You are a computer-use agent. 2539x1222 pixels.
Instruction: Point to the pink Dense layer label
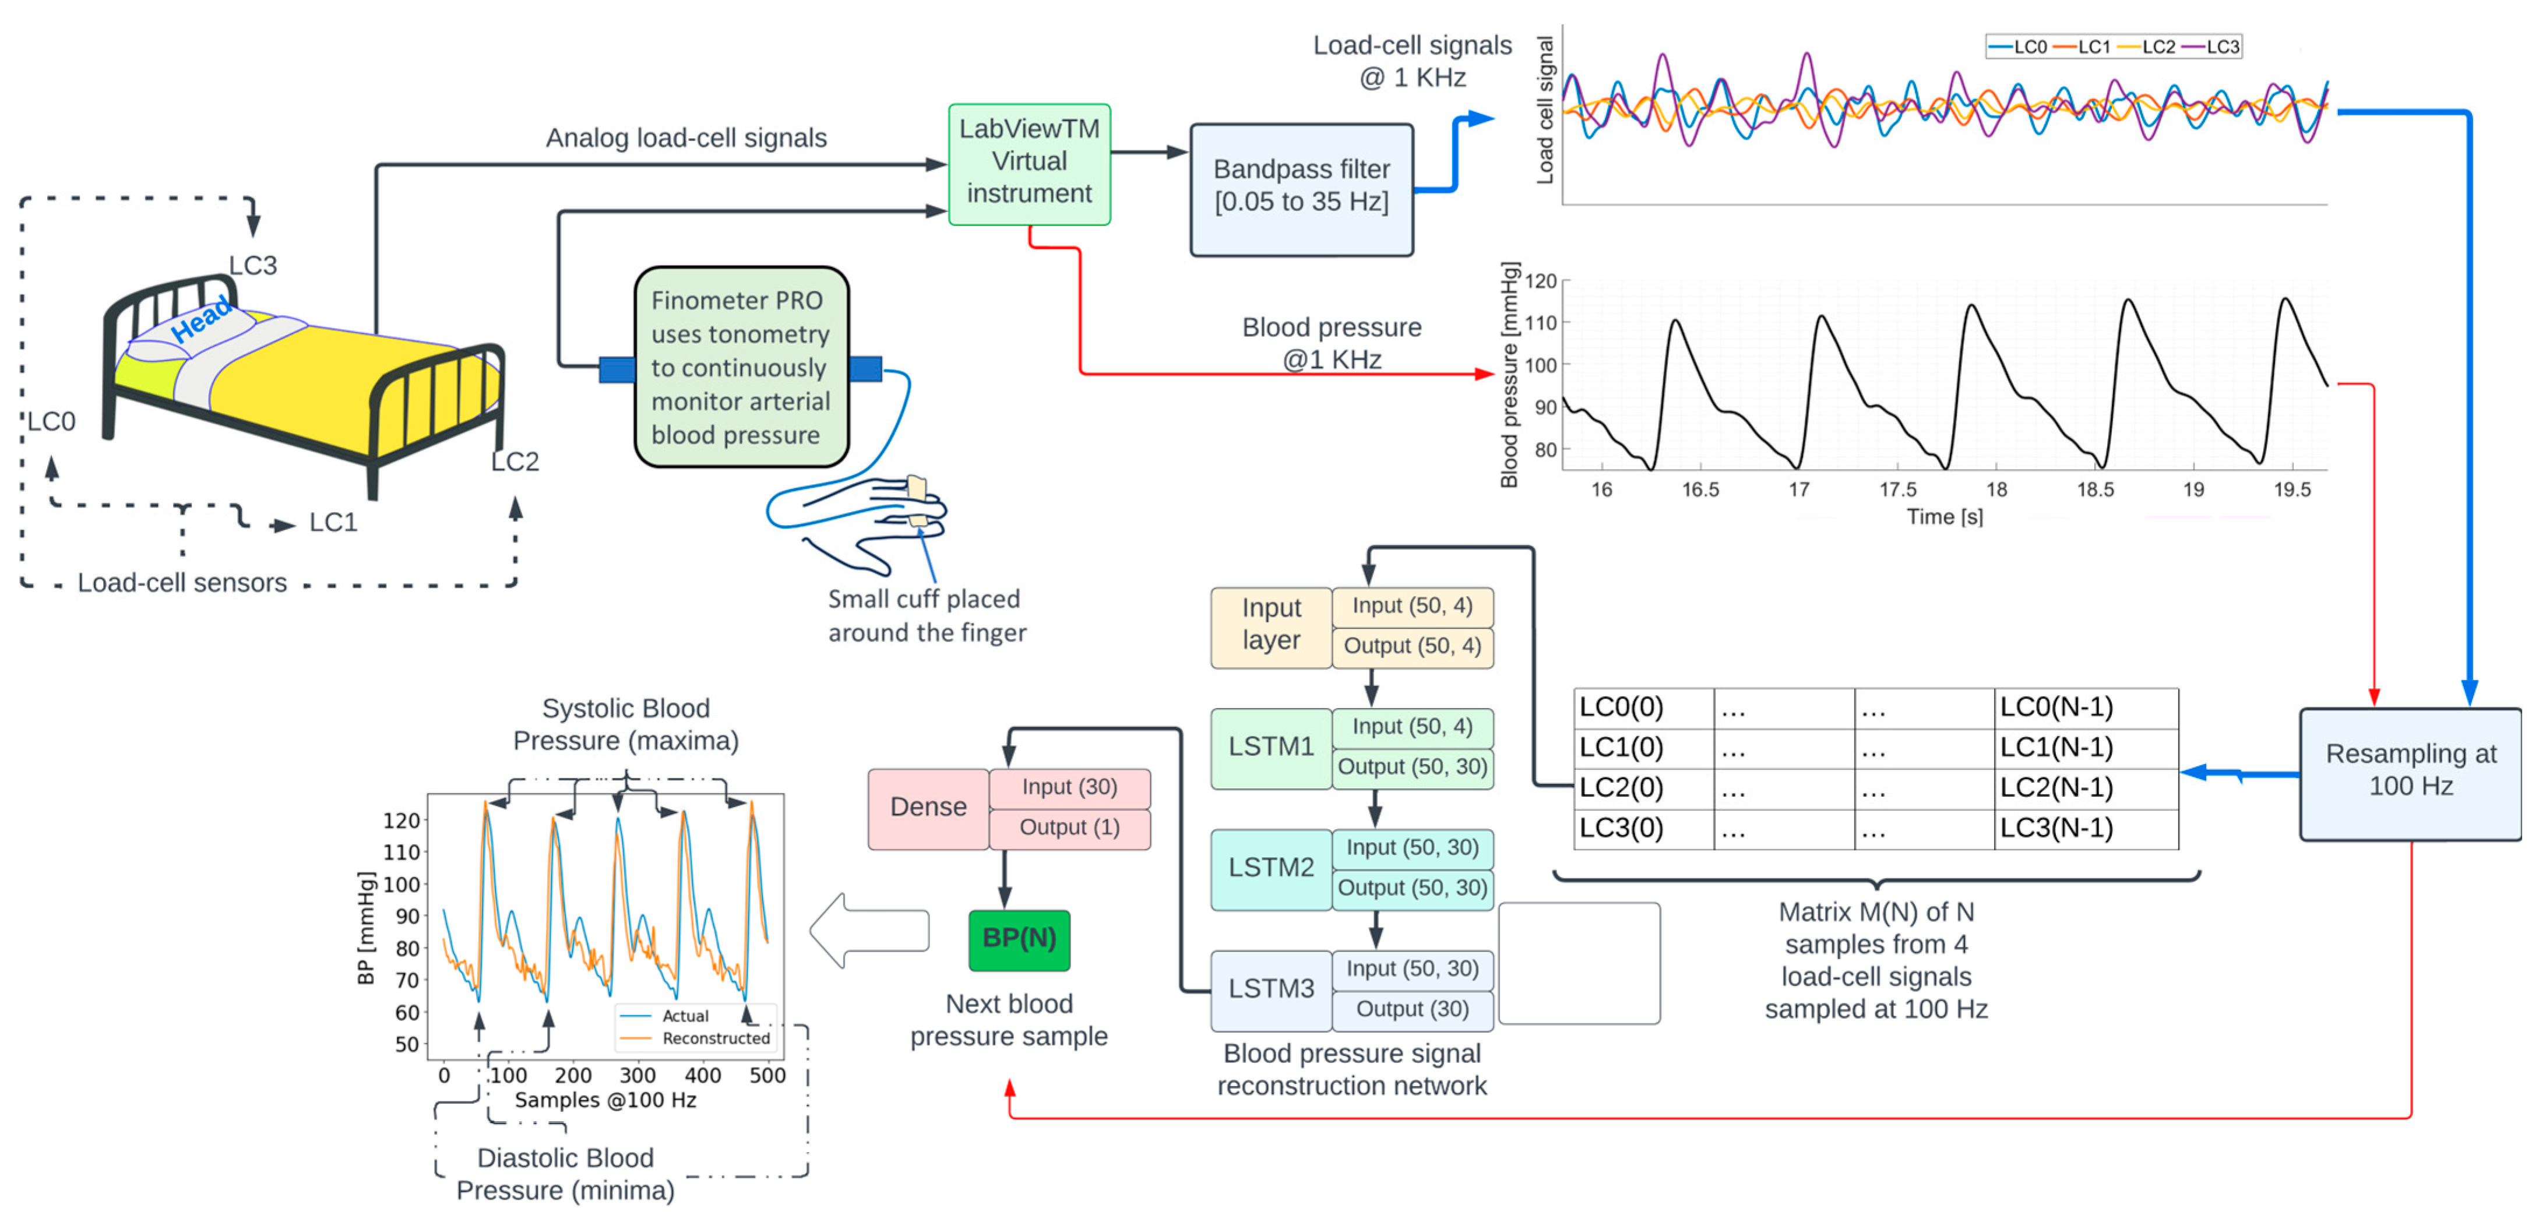[928, 807]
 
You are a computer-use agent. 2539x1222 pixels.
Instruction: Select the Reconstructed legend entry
[714, 1038]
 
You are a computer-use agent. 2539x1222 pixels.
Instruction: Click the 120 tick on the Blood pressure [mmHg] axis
[1541, 282]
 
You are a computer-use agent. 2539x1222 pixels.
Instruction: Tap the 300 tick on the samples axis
[637, 1075]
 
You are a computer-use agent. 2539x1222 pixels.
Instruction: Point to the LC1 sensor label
[332, 522]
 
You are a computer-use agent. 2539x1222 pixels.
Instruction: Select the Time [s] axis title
[1943, 516]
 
